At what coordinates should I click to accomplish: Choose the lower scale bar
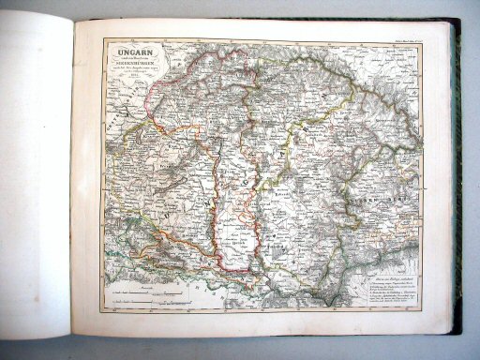140,295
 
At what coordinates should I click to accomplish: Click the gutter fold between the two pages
72,178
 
